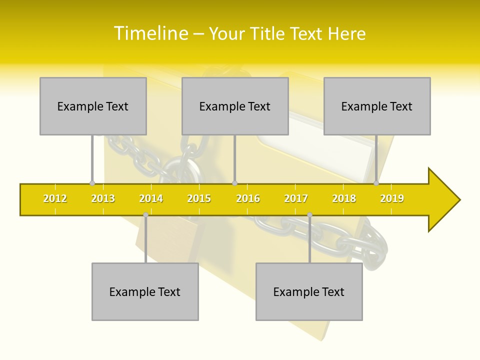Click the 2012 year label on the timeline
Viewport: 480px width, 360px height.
click(x=55, y=198)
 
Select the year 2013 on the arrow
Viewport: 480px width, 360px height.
click(x=103, y=198)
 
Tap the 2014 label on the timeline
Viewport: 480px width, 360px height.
click(x=151, y=198)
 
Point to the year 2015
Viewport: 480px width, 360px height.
click(x=199, y=198)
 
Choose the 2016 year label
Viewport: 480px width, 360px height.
click(x=248, y=198)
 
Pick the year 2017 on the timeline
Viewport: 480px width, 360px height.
click(x=296, y=198)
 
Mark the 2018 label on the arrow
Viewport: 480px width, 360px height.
click(x=344, y=198)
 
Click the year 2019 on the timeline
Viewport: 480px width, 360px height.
click(x=392, y=198)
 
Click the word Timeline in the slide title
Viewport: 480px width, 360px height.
click(x=150, y=33)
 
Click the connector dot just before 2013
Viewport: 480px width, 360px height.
click(x=92, y=183)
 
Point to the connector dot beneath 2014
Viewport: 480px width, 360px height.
click(x=145, y=215)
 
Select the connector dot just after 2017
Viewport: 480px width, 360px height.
click(x=309, y=215)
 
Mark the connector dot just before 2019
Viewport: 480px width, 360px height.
click(x=376, y=183)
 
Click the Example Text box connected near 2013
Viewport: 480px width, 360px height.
click(x=93, y=106)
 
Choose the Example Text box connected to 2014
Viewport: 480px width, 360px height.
click(x=145, y=291)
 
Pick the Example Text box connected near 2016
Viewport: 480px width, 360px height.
click(x=235, y=106)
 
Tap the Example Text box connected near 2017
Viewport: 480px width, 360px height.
click(x=309, y=291)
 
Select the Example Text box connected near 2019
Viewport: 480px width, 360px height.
click(x=377, y=106)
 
